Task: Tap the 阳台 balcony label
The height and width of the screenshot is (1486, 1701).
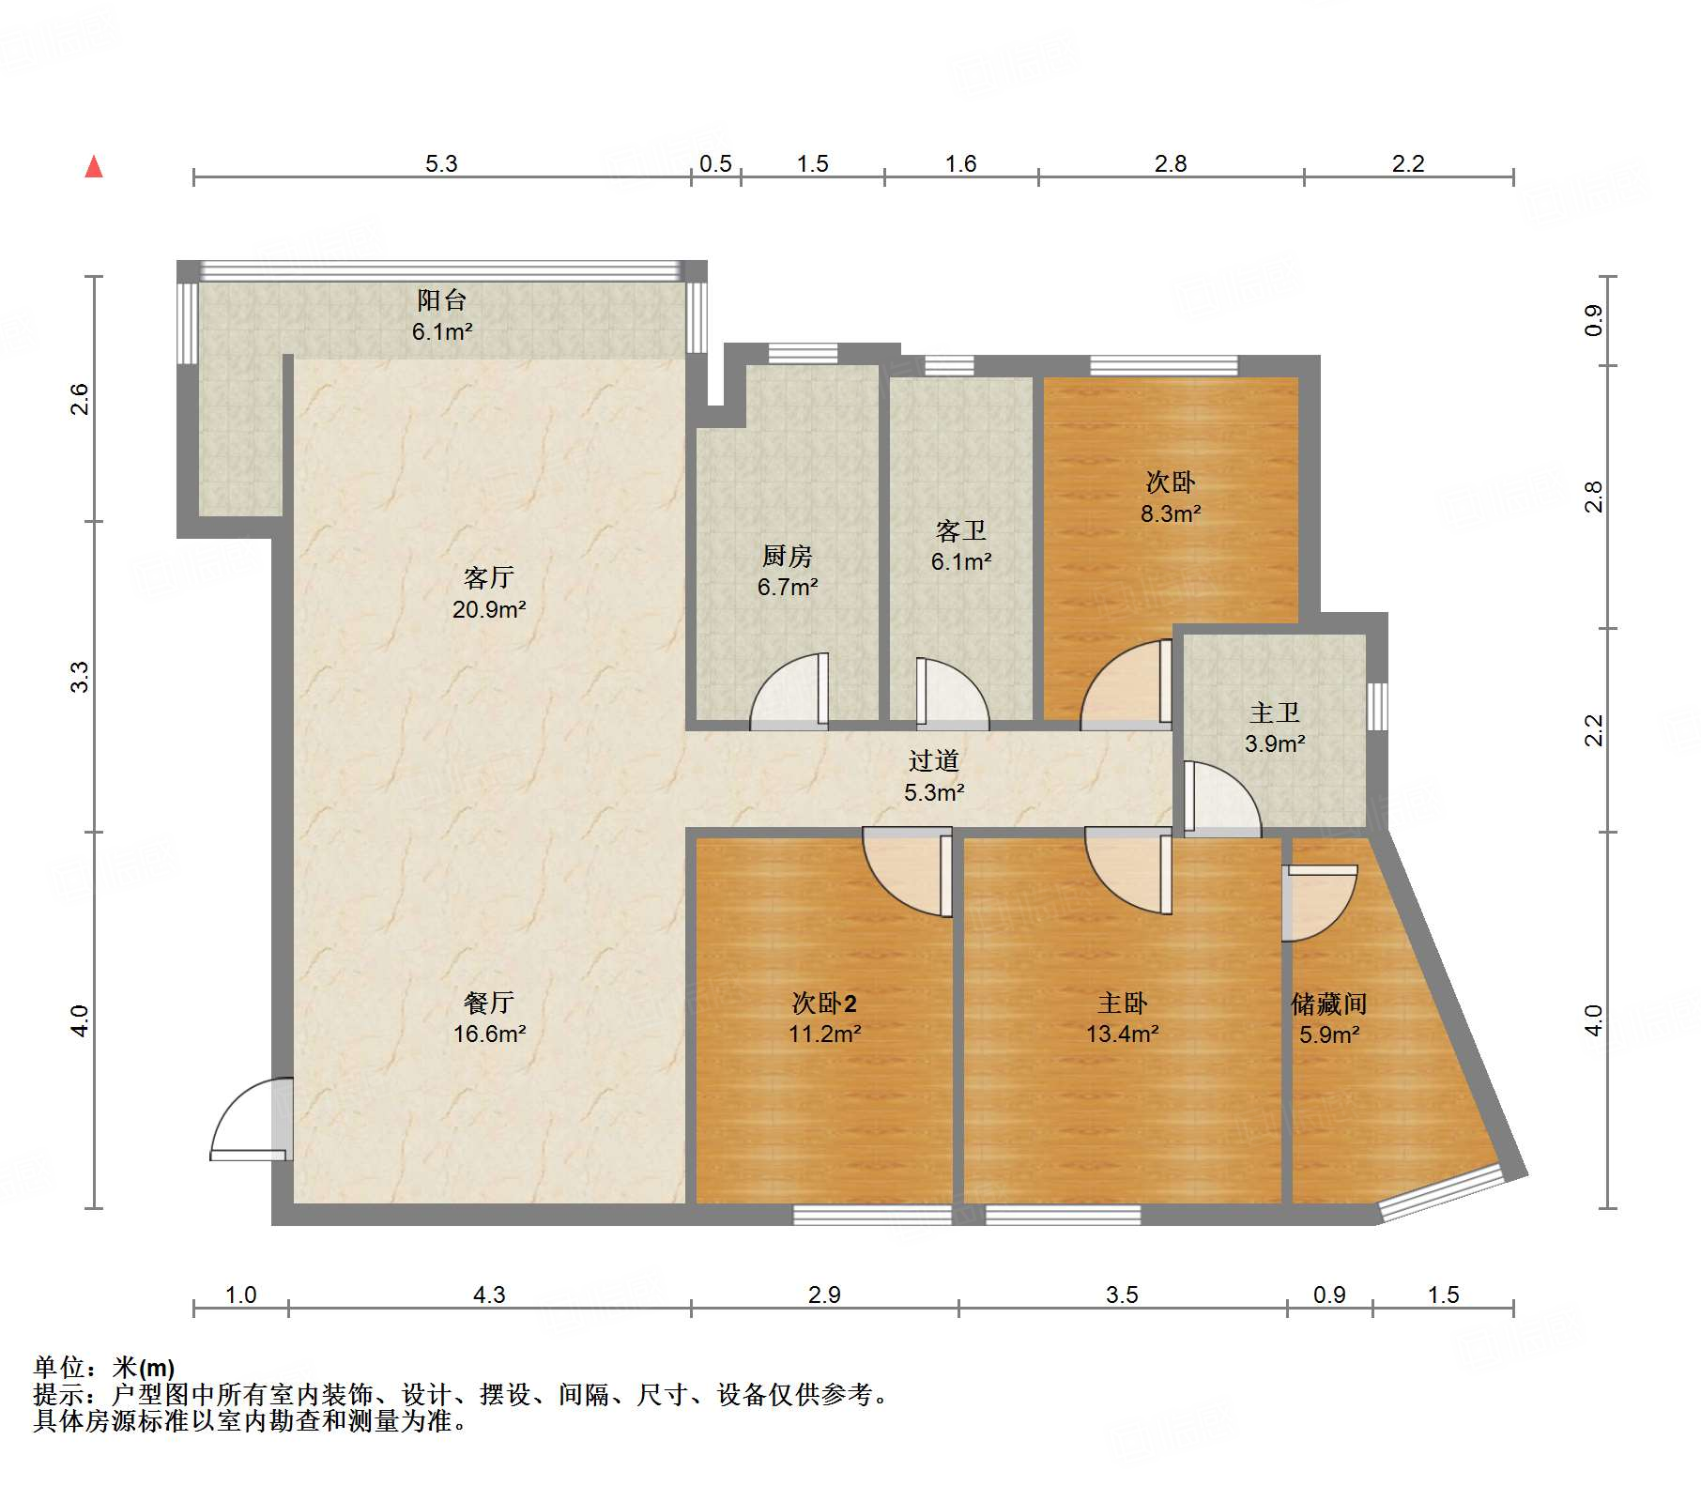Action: point(441,300)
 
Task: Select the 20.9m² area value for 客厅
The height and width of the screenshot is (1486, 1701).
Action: point(489,609)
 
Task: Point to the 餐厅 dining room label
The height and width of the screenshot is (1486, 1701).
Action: point(489,1003)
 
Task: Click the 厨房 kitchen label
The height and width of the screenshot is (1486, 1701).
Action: point(787,557)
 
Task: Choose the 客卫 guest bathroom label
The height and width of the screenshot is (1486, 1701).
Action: point(961,531)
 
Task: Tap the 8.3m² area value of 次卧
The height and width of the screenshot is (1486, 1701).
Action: point(1171,513)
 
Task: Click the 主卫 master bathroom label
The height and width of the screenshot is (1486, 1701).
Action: point(1275,713)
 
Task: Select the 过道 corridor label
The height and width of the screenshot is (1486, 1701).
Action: point(934,760)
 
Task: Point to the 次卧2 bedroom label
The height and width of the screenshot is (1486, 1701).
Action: point(824,1003)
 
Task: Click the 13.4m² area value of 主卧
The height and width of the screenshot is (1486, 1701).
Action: point(1123,1034)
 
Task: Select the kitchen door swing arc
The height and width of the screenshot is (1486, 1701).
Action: point(789,691)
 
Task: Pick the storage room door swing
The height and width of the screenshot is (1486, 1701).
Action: point(1320,903)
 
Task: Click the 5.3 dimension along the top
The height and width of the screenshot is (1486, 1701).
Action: point(441,163)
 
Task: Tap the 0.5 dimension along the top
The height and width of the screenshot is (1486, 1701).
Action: point(715,163)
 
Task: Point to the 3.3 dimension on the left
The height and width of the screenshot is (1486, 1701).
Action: point(81,677)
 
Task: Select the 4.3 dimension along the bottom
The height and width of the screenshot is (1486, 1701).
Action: point(489,1295)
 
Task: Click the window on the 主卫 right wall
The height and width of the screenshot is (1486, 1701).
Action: point(1377,706)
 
